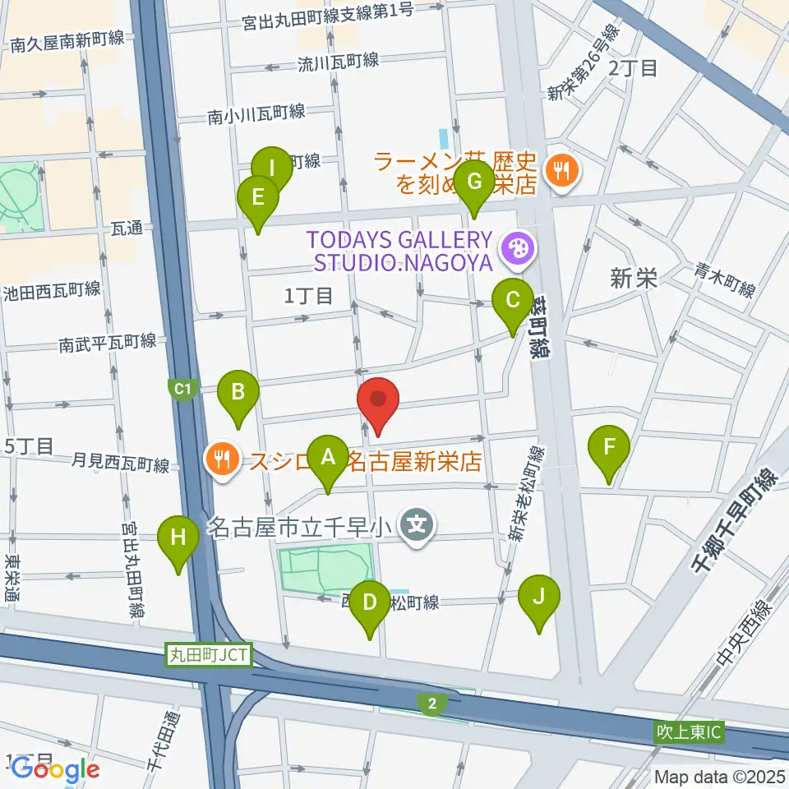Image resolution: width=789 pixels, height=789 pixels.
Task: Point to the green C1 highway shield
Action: pos(182,386)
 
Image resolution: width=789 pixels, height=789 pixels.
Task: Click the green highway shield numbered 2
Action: pos(431,703)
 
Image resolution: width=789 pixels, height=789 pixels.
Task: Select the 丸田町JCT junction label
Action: pos(209,655)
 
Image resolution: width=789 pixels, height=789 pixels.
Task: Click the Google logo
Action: pos(55,768)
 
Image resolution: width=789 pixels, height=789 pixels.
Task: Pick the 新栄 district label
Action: pos(634,279)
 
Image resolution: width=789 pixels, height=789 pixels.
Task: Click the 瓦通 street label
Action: pos(127,230)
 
